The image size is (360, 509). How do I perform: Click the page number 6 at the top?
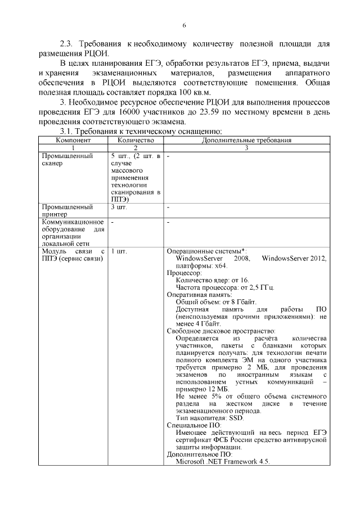pyautogui.click(x=184, y=25)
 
